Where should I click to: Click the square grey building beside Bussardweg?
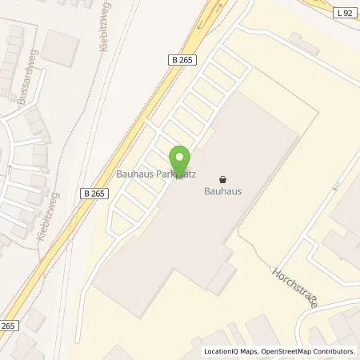tap(57, 46)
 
